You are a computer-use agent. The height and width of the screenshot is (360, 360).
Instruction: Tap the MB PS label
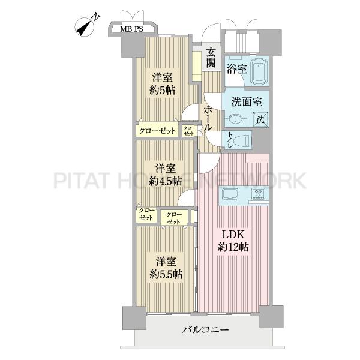pos(130,28)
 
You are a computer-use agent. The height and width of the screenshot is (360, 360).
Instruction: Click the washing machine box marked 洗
pos(261,119)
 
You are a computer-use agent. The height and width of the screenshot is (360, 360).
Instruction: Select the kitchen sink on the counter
pos(232,194)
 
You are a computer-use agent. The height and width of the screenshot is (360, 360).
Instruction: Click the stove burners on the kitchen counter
pos(259,194)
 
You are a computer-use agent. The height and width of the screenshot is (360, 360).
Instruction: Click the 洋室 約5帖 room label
pos(163,84)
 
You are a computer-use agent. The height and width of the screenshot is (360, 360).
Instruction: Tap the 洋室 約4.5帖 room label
pos(163,175)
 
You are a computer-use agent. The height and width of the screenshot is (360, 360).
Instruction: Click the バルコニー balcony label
pos(205,331)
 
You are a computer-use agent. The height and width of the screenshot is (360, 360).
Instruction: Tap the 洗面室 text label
pos(243,100)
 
